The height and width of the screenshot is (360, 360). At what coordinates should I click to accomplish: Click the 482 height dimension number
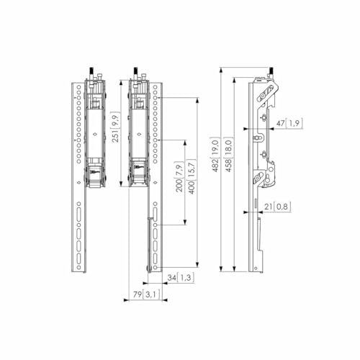215,166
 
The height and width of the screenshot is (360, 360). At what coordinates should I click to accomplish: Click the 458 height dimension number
228,166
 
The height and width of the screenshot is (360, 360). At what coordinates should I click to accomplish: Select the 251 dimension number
115,136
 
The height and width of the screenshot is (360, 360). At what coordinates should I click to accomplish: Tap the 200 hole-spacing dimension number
179,186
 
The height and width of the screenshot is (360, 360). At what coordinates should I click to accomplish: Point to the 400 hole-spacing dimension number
192,187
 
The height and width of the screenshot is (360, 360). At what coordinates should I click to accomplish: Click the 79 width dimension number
138,294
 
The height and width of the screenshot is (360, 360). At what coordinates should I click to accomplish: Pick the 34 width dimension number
171,278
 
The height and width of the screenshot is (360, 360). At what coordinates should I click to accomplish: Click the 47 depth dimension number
280,123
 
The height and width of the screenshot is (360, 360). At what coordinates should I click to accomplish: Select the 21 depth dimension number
268,207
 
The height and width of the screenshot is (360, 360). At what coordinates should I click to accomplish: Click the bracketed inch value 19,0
215,148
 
